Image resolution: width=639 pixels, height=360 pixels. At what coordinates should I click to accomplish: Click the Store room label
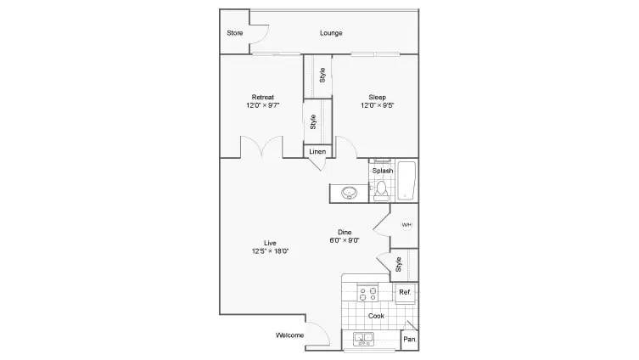pyautogui.click(x=235, y=33)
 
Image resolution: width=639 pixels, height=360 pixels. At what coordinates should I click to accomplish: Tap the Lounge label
pyautogui.click(x=331, y=33)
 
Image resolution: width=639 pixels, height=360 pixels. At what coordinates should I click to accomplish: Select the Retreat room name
pyautogui.click(x=261, y=96)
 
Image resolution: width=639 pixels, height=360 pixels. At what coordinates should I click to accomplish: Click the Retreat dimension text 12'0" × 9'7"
pyautogui.click(x=261, y=106)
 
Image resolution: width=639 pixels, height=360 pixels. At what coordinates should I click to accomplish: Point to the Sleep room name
pyautogui.click(x=378, y=96)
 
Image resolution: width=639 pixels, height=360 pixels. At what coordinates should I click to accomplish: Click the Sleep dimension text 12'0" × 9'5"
pyautogui.click(x=378, y=106)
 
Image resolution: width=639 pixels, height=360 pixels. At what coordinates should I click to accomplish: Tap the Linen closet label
pyautogui.click(x=317, y=151)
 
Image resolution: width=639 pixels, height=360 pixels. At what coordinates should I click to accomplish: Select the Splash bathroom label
pyautogui.click(x=382, y=171)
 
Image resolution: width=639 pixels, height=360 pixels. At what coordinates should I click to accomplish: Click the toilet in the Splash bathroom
pyautogui.click(x=382, y=188)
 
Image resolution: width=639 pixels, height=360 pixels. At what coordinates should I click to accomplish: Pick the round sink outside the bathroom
pyautogui.click(x=350, y=194)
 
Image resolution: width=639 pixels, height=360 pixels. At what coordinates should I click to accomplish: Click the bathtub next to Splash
pyautogui.click(x=406, y=179)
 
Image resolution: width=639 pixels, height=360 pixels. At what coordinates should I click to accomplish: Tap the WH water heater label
pyautogui.click(x=406, y=225)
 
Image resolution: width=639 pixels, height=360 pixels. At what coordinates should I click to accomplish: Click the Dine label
pyautogui.click(x=345, y=232)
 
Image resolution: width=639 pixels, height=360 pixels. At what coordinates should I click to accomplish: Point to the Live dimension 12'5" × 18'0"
pyautogui.click(x=270, y=251)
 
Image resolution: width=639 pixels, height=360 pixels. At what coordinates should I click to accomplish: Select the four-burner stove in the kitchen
pyautogui.click(x=369, y=294)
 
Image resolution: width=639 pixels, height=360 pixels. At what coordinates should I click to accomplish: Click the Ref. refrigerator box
pyautogui.click(x=406, y=293)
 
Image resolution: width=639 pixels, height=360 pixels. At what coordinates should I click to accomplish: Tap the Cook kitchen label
pyautogui.click(x=376, y=316)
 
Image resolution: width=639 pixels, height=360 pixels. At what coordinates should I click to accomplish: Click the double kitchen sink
pyautogui.click(x=365, y=340)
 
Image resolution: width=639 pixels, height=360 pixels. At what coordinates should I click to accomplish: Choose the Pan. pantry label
pyautogui.click(x=409, y=340)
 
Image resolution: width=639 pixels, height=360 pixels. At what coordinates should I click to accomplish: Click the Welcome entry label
pyautogui.click(x=290, y=335)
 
